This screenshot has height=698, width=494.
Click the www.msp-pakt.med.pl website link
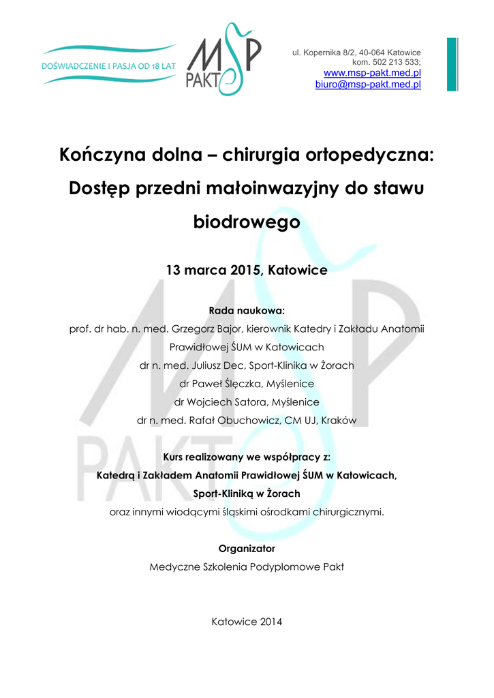(371, 73)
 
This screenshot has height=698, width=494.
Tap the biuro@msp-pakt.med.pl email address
(367, 85)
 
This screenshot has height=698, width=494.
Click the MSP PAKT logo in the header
(223, 60)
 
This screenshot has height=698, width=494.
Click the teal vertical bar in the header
(452, 64)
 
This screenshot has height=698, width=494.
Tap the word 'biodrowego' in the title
(247, 222)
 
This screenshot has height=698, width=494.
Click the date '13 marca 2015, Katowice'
(247, 271)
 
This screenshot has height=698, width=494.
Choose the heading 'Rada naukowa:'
(247, 310)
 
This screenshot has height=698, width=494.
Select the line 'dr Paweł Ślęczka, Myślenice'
(247, 384)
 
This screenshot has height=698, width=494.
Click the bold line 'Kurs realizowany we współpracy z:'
(247, 457)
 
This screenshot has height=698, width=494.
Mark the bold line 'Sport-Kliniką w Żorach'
(247, 493)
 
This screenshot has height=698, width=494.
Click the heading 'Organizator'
(247, 548)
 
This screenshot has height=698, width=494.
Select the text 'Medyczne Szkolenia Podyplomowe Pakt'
(247, 566)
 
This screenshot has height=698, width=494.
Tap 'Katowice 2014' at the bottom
(247, 622)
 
